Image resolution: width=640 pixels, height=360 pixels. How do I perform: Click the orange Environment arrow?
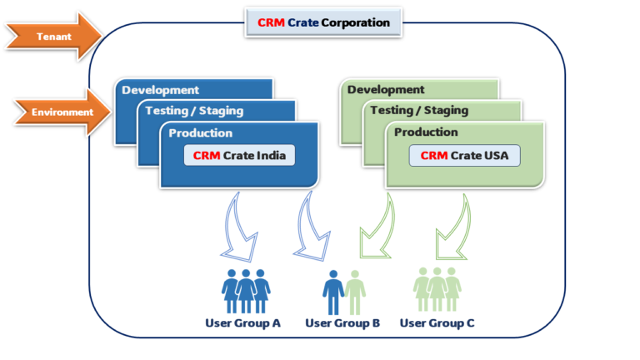58,112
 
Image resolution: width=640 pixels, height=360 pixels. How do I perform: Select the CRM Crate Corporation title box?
323,22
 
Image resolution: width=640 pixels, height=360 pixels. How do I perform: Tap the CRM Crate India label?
239,155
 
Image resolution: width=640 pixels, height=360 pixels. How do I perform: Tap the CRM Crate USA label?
465,155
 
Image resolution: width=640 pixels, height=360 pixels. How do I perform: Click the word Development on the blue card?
160,90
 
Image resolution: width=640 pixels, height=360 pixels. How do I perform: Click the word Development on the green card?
386,90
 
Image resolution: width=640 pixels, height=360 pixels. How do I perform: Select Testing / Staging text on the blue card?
193,111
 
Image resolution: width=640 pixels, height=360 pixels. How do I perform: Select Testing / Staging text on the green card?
419,111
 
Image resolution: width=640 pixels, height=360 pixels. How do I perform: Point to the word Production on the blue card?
200,132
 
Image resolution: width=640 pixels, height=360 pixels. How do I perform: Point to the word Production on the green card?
426,132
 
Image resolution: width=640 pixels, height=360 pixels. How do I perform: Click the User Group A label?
242,322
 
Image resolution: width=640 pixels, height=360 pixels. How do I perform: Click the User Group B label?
342,322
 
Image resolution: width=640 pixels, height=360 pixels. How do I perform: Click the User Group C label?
437,322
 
